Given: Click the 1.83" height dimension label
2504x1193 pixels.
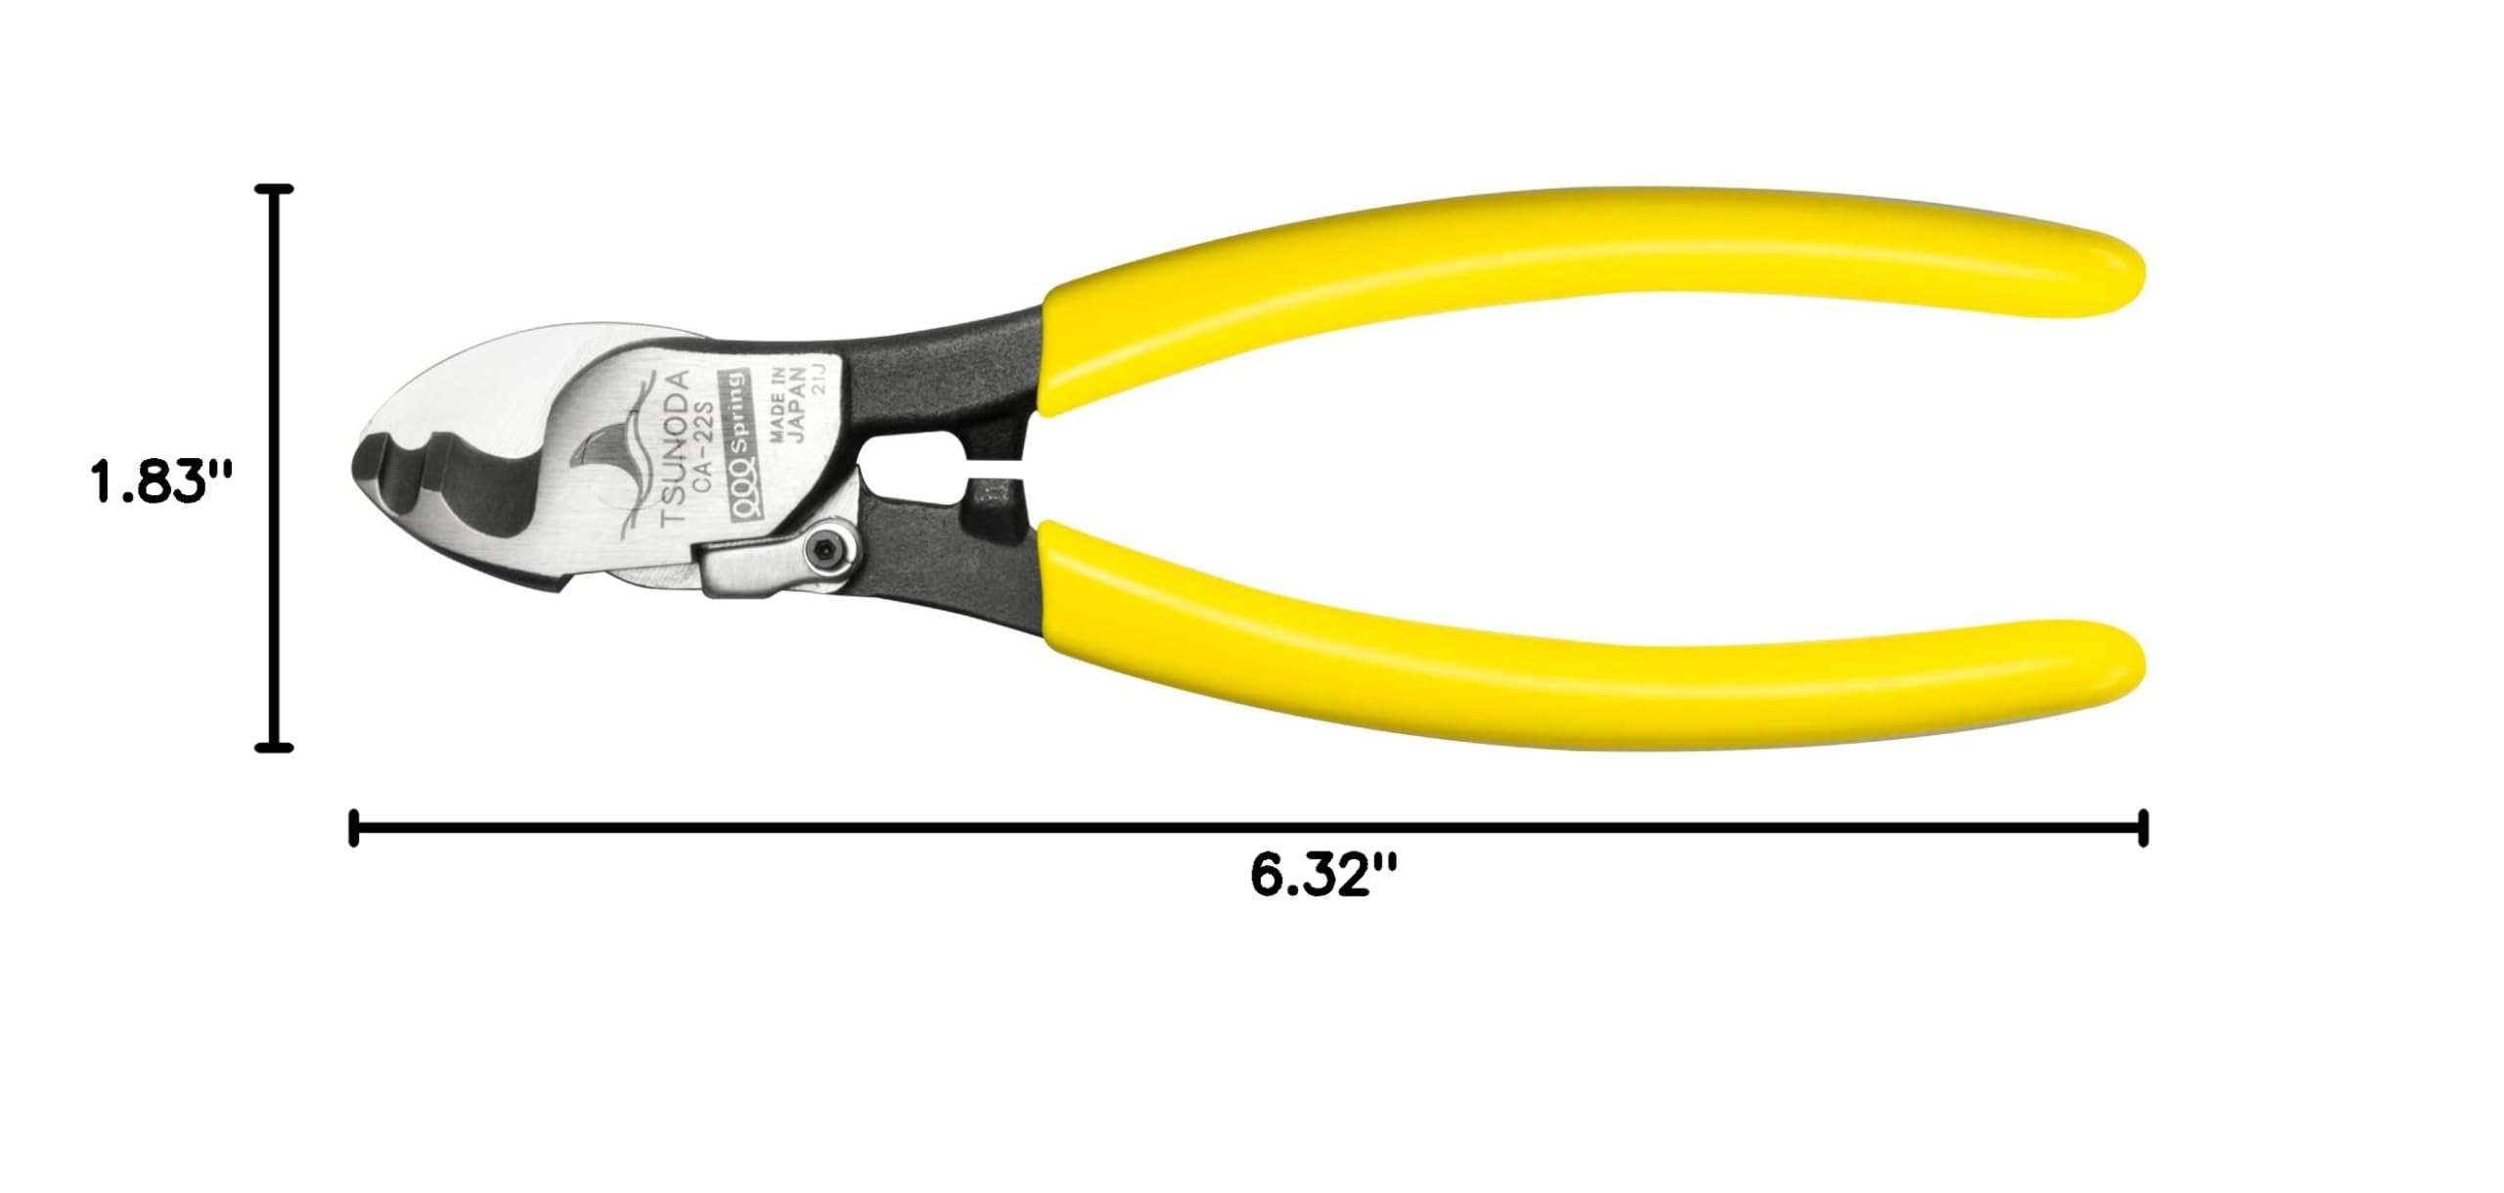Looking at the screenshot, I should (161, 482).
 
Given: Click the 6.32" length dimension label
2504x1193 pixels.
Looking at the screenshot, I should (1323, 875).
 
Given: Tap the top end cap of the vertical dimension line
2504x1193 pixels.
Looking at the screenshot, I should (274, 189).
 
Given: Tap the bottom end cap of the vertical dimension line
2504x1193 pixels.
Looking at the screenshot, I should (274, 748).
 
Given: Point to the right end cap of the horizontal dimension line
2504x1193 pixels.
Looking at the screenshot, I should (2143, 828).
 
